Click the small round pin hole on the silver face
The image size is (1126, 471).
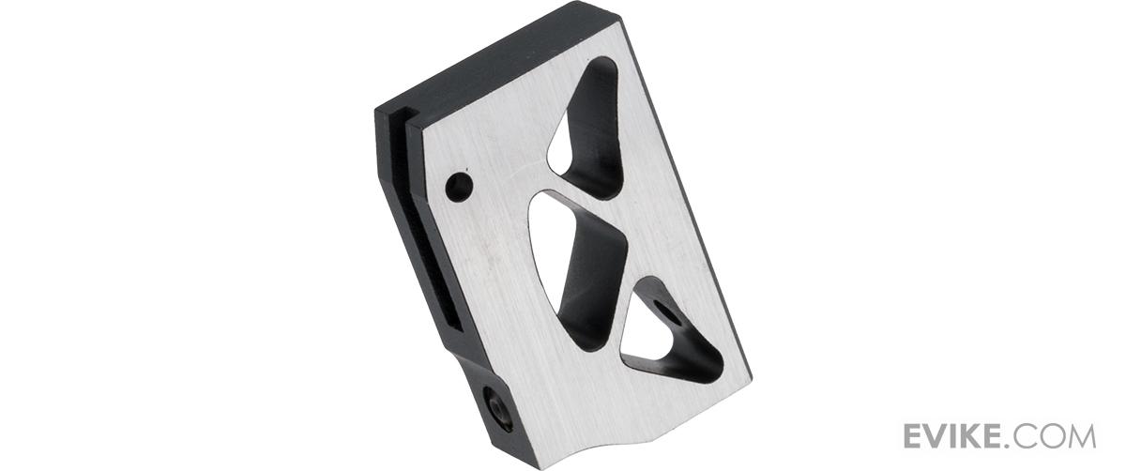coord(459,187)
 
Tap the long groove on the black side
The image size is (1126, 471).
coord(425,221)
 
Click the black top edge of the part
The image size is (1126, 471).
coord(497,55)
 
